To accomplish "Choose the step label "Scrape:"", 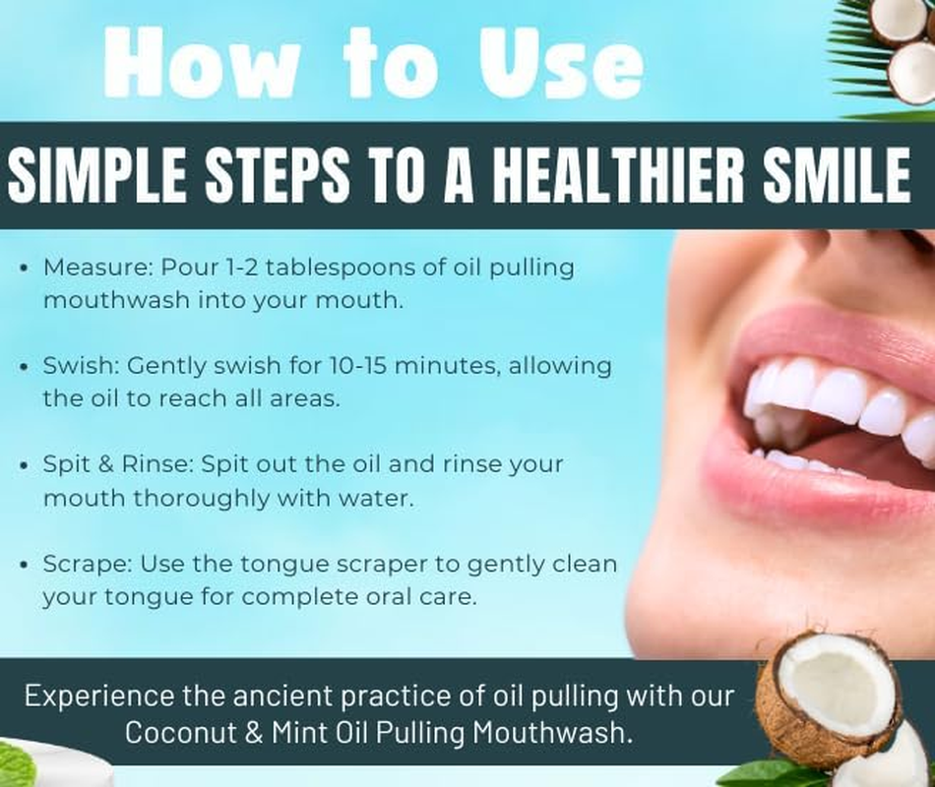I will pyautogui.click(x=88, y=565).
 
